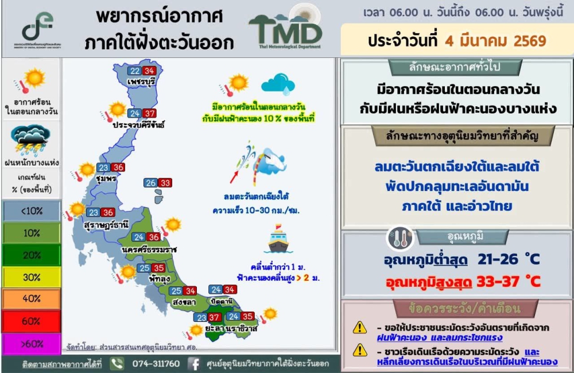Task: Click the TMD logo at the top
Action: (x=285, y=30)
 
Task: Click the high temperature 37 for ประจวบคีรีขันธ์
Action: (x=150, y=113)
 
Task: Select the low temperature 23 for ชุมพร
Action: (x=103, y=168)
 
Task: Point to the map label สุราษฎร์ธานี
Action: (x=106, y=224)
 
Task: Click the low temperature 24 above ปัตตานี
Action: (x=216, y=290)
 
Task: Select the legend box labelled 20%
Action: (x=32, y=255)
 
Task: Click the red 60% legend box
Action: (x=32, y=321)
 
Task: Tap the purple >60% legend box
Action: (x=32, y=344)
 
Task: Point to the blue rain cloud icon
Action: (x=278, y=83)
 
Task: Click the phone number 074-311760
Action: (x=156, y=364)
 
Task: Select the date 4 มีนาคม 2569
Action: (x=494, y=41)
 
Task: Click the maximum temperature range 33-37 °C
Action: (x=508, y=282)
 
